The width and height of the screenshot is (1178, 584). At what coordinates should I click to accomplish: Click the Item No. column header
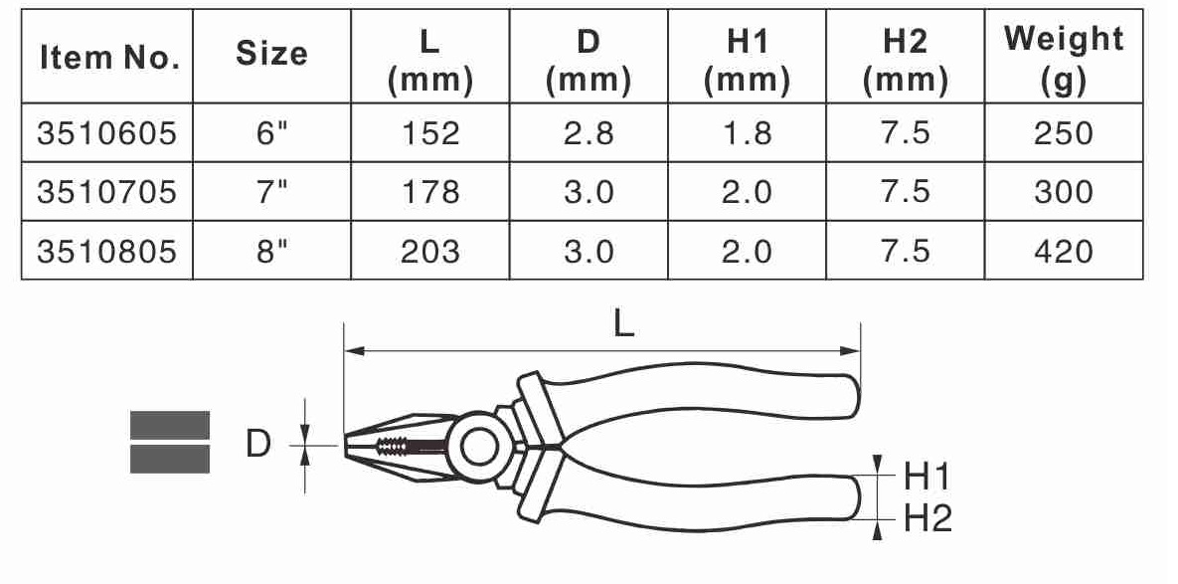(x=109, y=58)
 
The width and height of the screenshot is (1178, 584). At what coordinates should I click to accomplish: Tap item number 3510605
(x=106, y=133)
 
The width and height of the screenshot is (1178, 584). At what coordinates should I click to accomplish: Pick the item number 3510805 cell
(x=106, y=251)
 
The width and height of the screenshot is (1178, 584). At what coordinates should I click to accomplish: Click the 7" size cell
(x=271, y=192)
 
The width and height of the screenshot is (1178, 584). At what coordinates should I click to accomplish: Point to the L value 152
(x=429, y=133)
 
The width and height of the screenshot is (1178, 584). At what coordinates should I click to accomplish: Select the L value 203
(x=429, y=251)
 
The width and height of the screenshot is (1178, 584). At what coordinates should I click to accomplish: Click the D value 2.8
(x=589, y=133)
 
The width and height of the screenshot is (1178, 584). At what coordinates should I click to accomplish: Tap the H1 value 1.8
(x=747, y=133)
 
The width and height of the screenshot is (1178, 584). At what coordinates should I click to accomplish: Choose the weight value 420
(x=1064, y=251)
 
